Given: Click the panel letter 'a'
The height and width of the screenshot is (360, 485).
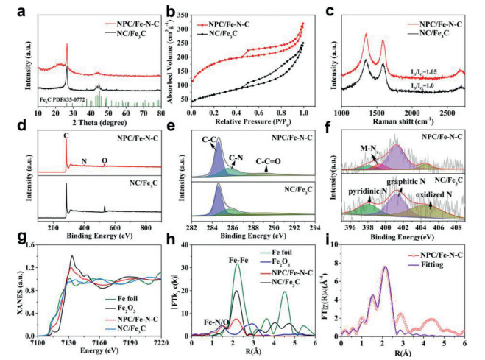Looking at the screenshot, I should [11, 10].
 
